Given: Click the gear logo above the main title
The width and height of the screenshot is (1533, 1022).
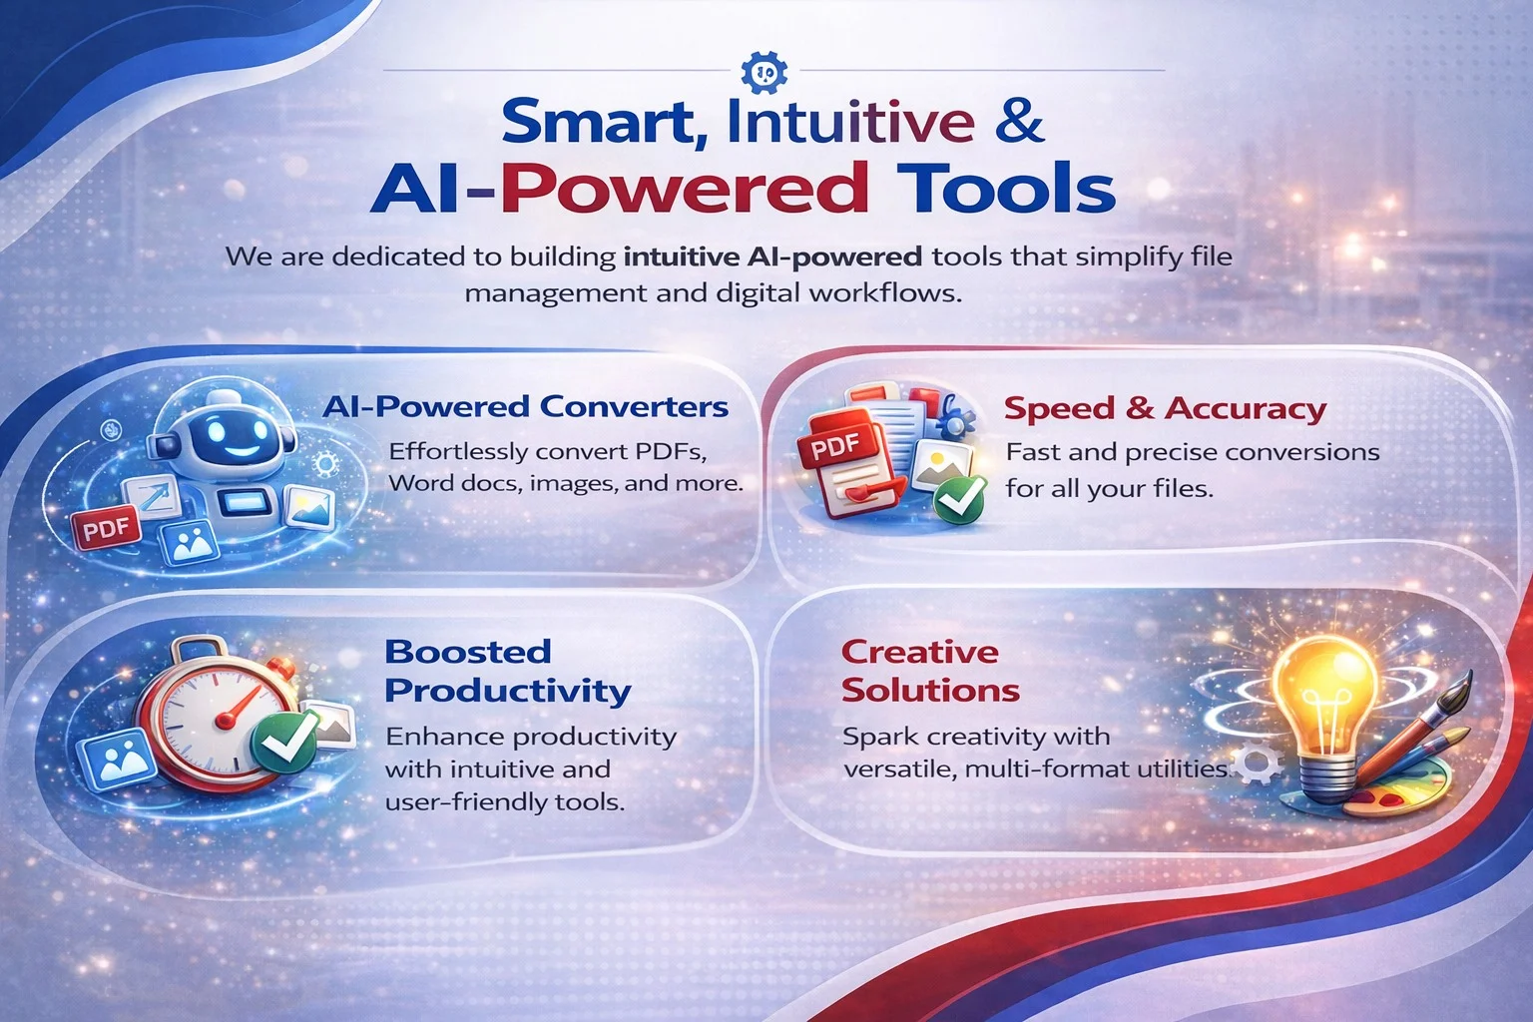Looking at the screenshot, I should point(766,72).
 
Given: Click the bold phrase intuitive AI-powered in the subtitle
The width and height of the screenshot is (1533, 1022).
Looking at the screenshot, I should point(772,257).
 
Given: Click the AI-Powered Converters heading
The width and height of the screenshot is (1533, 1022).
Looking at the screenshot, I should point(525,407).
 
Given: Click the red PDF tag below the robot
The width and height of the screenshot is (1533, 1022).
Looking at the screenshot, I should point(106,528).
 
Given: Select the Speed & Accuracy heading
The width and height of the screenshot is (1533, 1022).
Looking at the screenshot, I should point(1165,408).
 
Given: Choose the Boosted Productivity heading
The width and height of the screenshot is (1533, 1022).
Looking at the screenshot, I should point(507,671).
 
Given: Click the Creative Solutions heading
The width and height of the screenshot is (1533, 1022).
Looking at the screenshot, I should point(929,671).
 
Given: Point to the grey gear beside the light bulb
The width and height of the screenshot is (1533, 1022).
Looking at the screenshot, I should point(1257,765).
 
